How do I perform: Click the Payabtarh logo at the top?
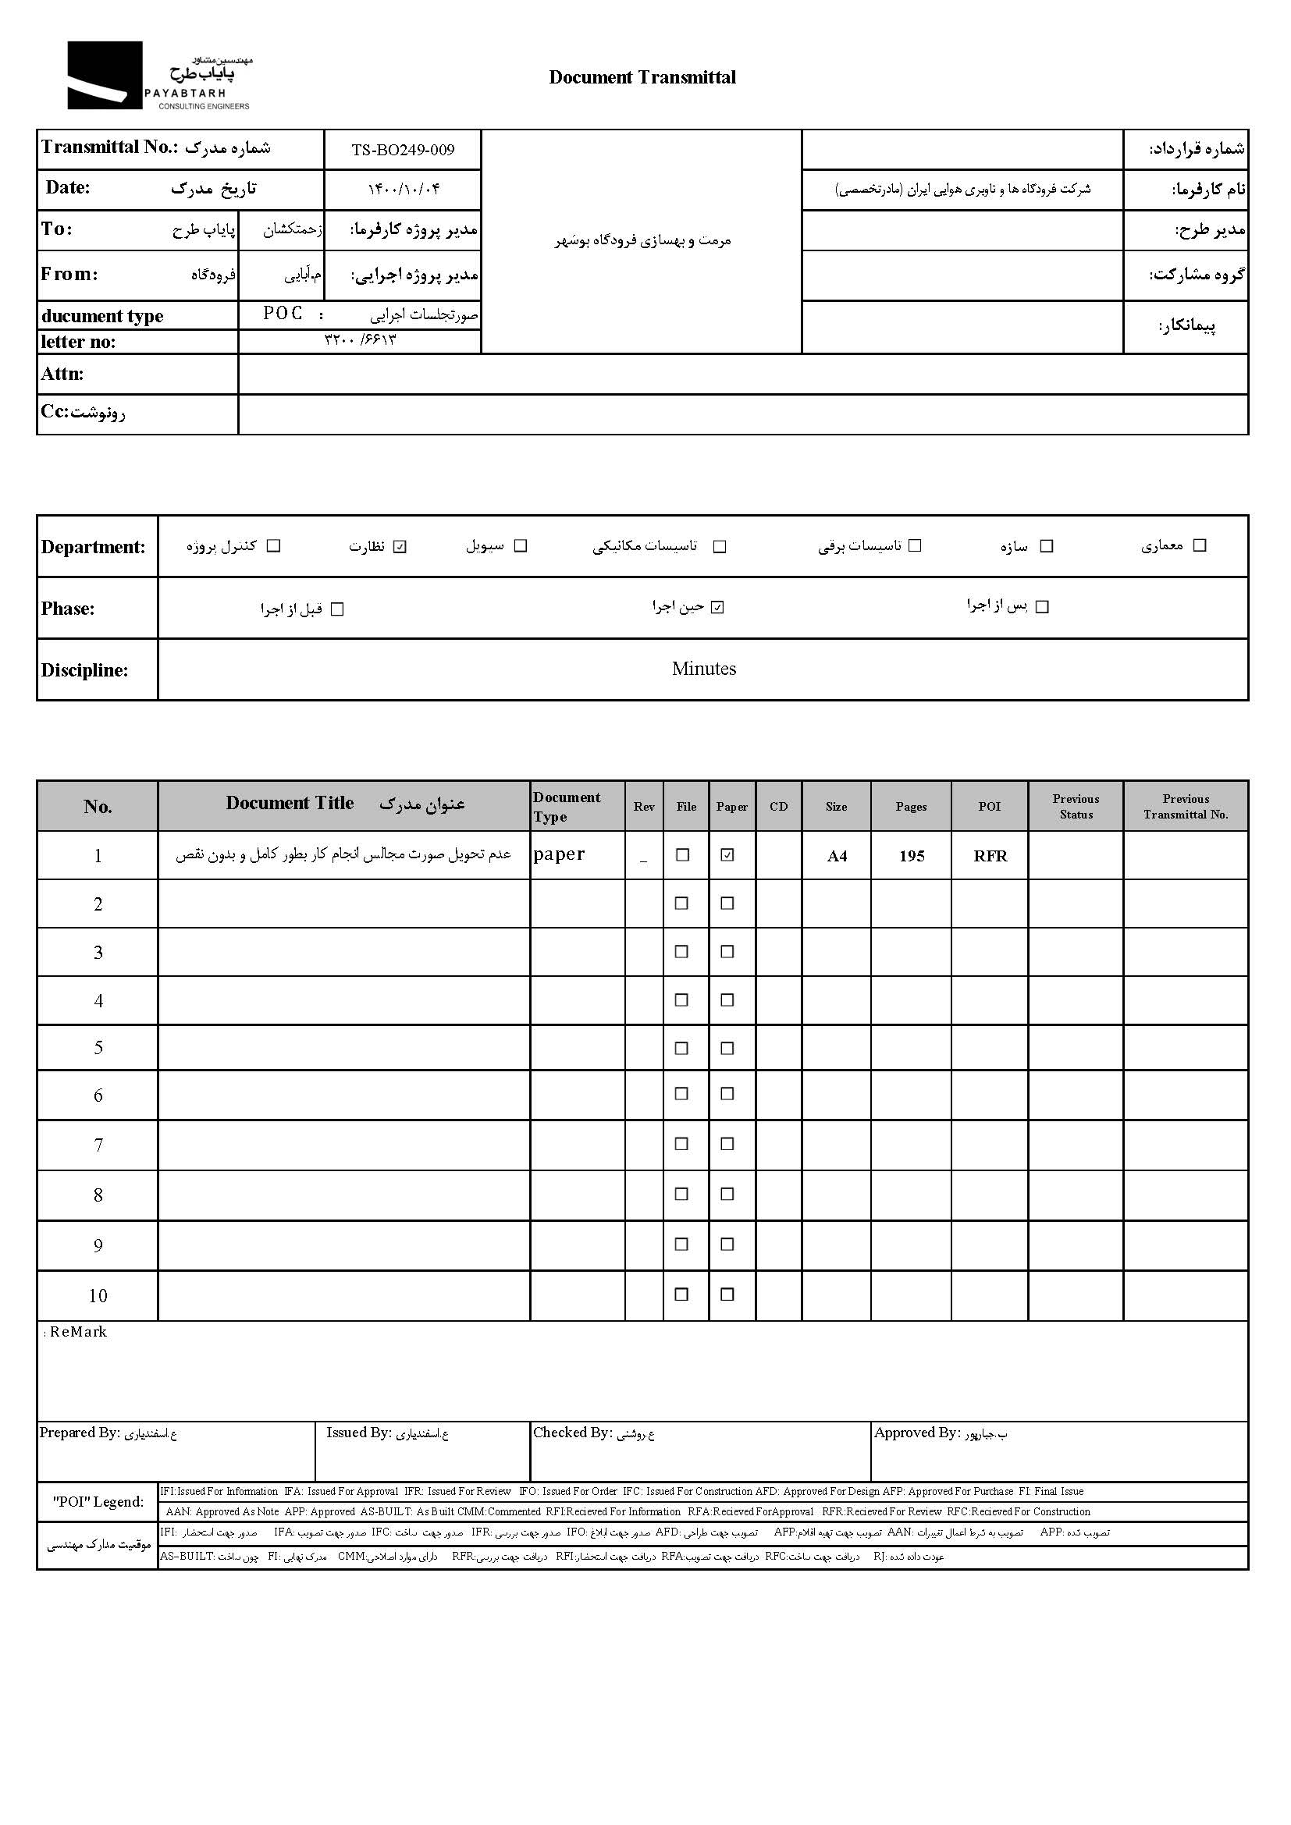point(158,76)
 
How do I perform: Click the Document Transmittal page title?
point(642,78)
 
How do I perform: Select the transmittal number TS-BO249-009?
point(403,151)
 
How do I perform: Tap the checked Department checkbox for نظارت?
point(400,547)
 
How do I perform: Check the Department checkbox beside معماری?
point(1200,545)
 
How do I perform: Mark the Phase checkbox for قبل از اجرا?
point(337,609)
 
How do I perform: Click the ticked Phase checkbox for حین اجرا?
point(718,608)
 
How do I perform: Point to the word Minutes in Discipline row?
point(703,669)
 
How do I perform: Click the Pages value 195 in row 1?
point(912,856)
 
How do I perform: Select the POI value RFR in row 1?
point(990,856)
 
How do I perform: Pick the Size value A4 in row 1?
point(837,856)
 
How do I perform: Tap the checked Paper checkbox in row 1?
point(727,855)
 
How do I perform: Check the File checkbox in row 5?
point(681,1049)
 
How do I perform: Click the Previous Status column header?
point(1076,807)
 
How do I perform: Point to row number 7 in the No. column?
point(98,1145)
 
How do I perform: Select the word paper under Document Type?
point(559,854)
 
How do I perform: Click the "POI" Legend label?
point(98,1502)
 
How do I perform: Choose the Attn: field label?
point(62,375)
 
